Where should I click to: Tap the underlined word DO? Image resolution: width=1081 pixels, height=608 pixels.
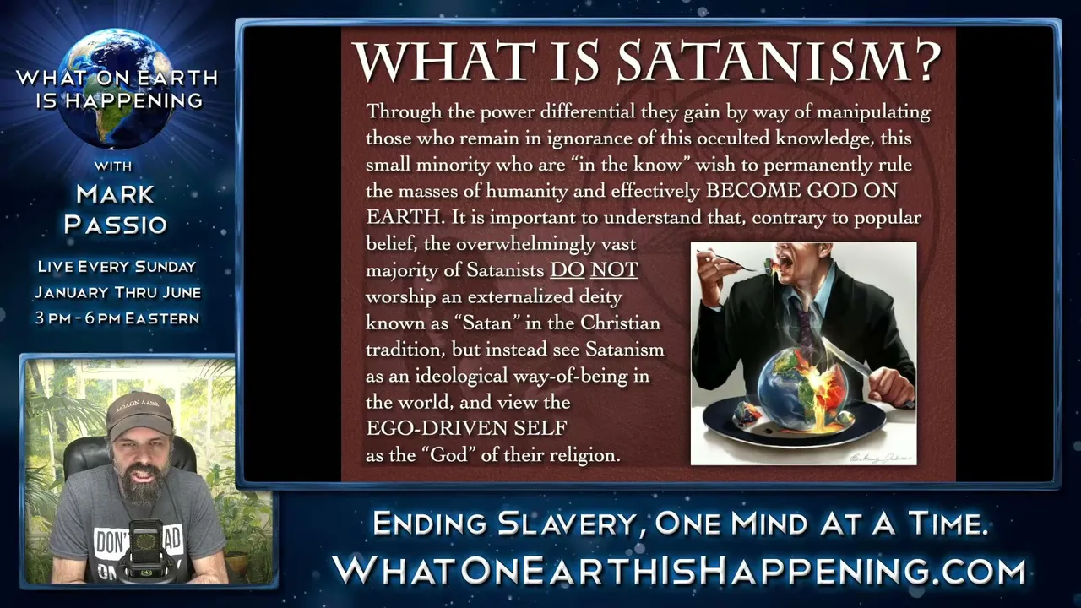[x=568, y=270]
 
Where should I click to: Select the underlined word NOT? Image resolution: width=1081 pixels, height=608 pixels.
[x=614, y=270]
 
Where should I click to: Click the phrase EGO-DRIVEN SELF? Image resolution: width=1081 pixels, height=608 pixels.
[x=466, y=428]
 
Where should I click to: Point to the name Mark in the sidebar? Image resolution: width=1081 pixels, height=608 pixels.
[x=115, y=194]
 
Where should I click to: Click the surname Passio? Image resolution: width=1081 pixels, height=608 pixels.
[x=116, y=225]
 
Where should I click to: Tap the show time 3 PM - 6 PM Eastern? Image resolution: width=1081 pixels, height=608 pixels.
[x=117, y=318]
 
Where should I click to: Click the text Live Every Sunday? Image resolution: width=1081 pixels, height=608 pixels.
[x=117, y=266]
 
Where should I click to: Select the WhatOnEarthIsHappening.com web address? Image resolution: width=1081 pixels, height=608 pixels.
[x=679, y=571]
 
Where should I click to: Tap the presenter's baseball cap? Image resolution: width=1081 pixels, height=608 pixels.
[x=139, y=414]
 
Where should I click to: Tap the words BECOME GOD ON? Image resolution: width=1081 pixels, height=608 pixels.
[x=801, y=191]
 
